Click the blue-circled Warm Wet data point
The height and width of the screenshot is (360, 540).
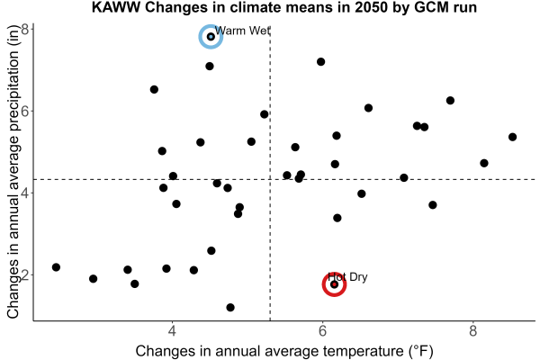coord(211,37)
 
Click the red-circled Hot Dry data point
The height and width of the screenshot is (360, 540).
coord(334,284)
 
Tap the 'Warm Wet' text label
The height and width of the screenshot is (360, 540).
coord(242,31)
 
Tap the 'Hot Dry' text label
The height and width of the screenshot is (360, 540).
coord(347,276)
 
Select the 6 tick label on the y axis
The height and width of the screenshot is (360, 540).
coord(25,111)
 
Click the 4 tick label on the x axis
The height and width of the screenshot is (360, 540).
coord(172,331)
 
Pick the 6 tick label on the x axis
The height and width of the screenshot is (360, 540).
coord(322,331)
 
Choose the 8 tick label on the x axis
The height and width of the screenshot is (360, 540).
coord(472,331)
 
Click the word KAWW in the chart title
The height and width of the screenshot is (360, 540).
coord(116,7)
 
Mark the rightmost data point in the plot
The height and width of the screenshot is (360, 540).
coord(512,137)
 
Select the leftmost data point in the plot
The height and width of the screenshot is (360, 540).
coord(56,267)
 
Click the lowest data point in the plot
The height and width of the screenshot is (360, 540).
coord(230,307)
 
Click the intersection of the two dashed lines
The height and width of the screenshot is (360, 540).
coord(270,179)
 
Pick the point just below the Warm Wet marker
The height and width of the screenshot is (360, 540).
coord(210,66)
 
